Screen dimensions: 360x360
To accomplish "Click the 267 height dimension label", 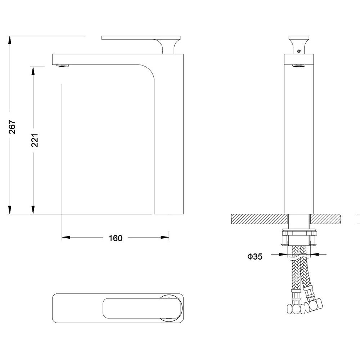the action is (x=12, y=127).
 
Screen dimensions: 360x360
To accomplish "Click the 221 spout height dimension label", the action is (x=35, y=140).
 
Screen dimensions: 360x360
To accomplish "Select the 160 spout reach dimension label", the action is (x=116, y=238).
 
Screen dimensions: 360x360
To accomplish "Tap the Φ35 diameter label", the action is (x=255, y=256).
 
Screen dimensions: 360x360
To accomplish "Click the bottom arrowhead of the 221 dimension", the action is (x=33, y=210).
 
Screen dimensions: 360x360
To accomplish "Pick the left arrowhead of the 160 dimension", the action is (x=66, y=237).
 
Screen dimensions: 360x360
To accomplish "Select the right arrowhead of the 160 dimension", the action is (x=165, y=237).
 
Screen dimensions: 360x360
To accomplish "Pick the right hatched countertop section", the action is (x=325, y=219).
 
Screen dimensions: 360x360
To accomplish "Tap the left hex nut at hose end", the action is (x=296, y=309).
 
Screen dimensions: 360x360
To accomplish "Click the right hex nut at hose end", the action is (x=314, y=305).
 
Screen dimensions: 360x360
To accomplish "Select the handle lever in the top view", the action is (x=143, y=308).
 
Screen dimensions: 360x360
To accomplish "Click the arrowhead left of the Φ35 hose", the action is (x=283, y=254).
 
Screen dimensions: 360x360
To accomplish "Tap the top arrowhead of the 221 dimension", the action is (x=33, y=71).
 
